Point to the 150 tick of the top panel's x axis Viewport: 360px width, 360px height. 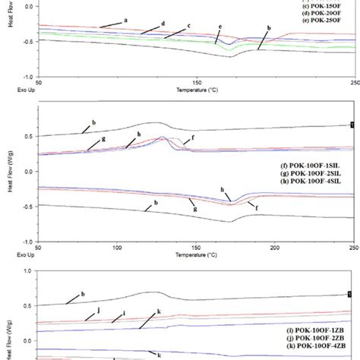197,82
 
